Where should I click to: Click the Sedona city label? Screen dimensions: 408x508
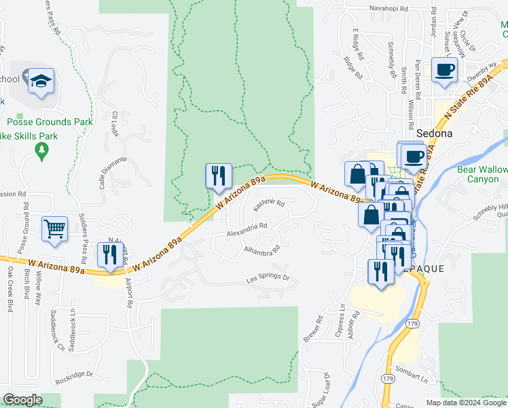(x=434, y=133)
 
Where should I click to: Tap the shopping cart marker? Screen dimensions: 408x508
(x=54, y=228)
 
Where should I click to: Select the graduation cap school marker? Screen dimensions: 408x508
(x=41, y=81)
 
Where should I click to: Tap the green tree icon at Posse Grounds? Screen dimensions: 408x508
(x=42, y=150)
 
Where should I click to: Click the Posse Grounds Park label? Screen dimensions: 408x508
(x=49, y=122)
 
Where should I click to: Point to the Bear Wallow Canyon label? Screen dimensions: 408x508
(x=482, y=174)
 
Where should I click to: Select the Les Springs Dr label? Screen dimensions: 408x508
(x=267, y=278)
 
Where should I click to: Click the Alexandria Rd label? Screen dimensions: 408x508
(x=247, y=229)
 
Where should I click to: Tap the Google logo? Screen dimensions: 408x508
(x=22, y=400)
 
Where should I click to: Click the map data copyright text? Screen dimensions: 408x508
(x=465, y=403)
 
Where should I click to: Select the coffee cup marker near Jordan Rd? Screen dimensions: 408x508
(x=444, y=69)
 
